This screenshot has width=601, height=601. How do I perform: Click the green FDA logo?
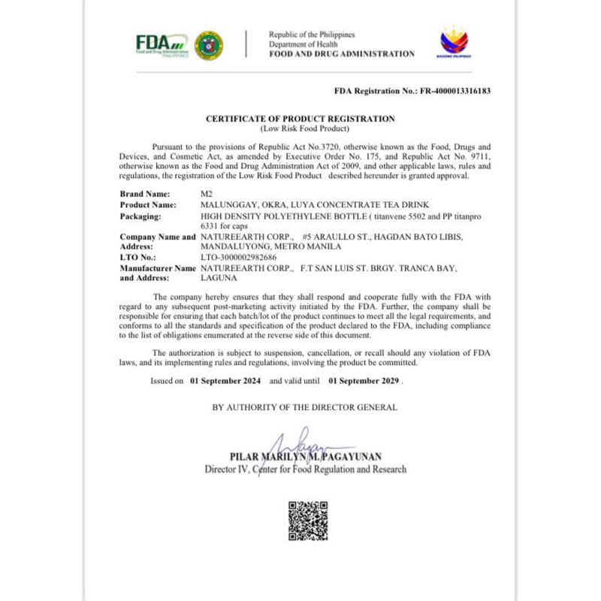point(161,44)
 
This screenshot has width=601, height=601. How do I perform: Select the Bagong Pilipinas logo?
point(453,43)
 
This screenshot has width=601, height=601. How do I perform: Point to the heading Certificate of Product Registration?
point(300,119)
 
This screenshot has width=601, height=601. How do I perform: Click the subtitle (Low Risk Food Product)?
point(300,128)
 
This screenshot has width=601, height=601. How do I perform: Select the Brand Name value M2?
point(207,194)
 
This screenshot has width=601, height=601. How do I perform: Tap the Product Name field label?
point(149,204)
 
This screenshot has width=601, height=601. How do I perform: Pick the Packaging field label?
point(142,216)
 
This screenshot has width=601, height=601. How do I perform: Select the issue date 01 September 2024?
point(225,381)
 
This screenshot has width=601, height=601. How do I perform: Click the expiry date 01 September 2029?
point(364,381)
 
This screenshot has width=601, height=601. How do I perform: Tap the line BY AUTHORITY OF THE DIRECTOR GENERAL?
point(304,407)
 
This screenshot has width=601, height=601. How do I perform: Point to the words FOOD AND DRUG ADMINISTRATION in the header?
point(341,54)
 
